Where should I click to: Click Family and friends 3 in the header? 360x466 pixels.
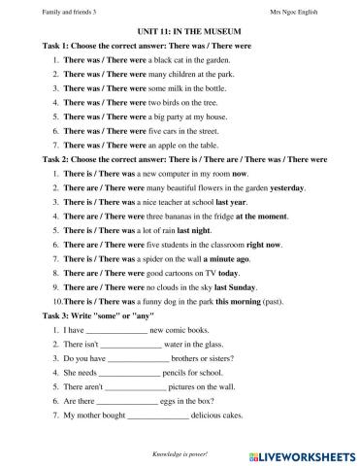(x=45, y=11)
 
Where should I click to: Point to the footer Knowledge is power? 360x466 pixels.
(x=180, y=454)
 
